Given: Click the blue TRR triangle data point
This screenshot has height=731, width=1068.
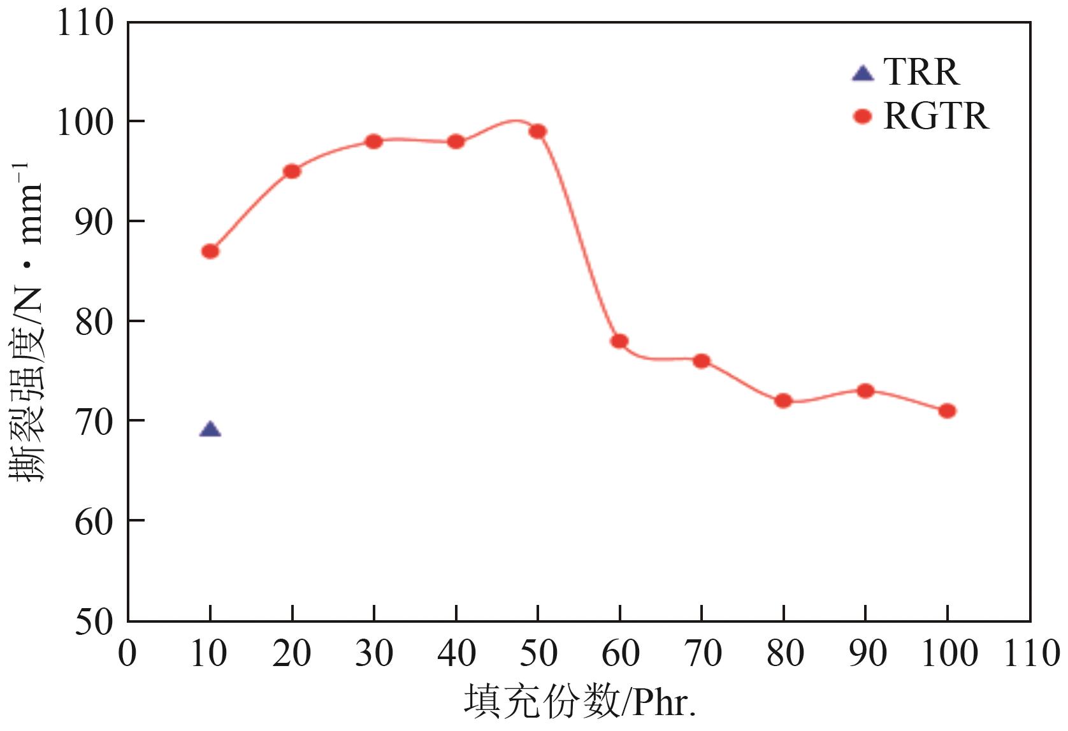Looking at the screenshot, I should (x=210, y=430).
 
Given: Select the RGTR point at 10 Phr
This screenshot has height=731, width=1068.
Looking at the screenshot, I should (x=210, y=252).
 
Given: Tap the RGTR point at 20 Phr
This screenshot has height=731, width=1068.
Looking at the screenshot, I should (x=292, y=171).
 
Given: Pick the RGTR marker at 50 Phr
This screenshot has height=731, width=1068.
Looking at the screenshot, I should (x=538, y=132).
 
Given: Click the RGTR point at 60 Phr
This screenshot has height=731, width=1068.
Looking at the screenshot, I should (x=619, y=341).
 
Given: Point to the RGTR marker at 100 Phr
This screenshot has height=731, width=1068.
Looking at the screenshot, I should (x=947, y=411).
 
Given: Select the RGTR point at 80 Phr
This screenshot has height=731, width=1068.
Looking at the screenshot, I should (x=783, y=401).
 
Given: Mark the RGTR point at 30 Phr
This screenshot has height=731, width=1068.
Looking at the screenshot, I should (x=374, y=141).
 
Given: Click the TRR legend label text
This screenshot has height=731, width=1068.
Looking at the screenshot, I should (x=921, y=71).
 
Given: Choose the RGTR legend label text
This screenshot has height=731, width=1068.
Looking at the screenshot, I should (x=936, y=117).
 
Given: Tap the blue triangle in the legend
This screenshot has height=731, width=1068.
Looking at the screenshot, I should (x=863, y=74).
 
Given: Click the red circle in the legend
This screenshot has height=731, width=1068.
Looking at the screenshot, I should (x=862, y=117).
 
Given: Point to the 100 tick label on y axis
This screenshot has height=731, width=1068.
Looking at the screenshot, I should (x=85, y=122).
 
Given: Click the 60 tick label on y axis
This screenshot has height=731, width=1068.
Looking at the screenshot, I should (x=94, y=522).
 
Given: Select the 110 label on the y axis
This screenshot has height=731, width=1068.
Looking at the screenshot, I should (x=85, y=23).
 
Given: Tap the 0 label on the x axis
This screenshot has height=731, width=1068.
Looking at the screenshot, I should (x=127, y=654).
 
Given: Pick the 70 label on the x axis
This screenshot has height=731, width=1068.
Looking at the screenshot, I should (x=702, y=654).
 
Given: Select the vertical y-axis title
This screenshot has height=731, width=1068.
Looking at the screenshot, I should (x=27, y=322).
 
